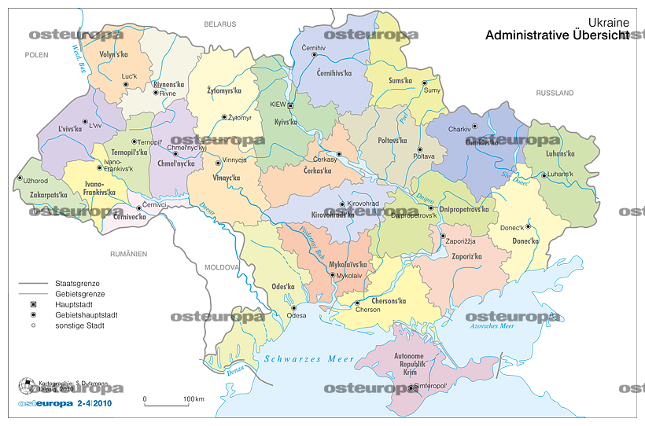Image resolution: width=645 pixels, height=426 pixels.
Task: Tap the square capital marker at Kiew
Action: [291, 105]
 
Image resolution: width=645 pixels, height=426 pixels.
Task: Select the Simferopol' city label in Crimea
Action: [430, 386]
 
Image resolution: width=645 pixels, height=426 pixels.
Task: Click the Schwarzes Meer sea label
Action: [309, 358]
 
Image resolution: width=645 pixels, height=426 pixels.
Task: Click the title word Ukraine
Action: [609, 24]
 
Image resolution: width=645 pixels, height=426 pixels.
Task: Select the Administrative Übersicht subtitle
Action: [557, 36]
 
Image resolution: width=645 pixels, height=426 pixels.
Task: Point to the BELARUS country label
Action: [220, 25]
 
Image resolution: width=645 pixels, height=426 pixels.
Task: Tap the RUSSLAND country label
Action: [555, 94]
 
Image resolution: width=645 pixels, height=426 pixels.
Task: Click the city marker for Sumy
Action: [424, 83]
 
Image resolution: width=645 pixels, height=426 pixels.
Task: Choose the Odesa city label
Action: [297, 315]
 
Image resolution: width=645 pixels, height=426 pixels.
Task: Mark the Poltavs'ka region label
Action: [392, 141]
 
